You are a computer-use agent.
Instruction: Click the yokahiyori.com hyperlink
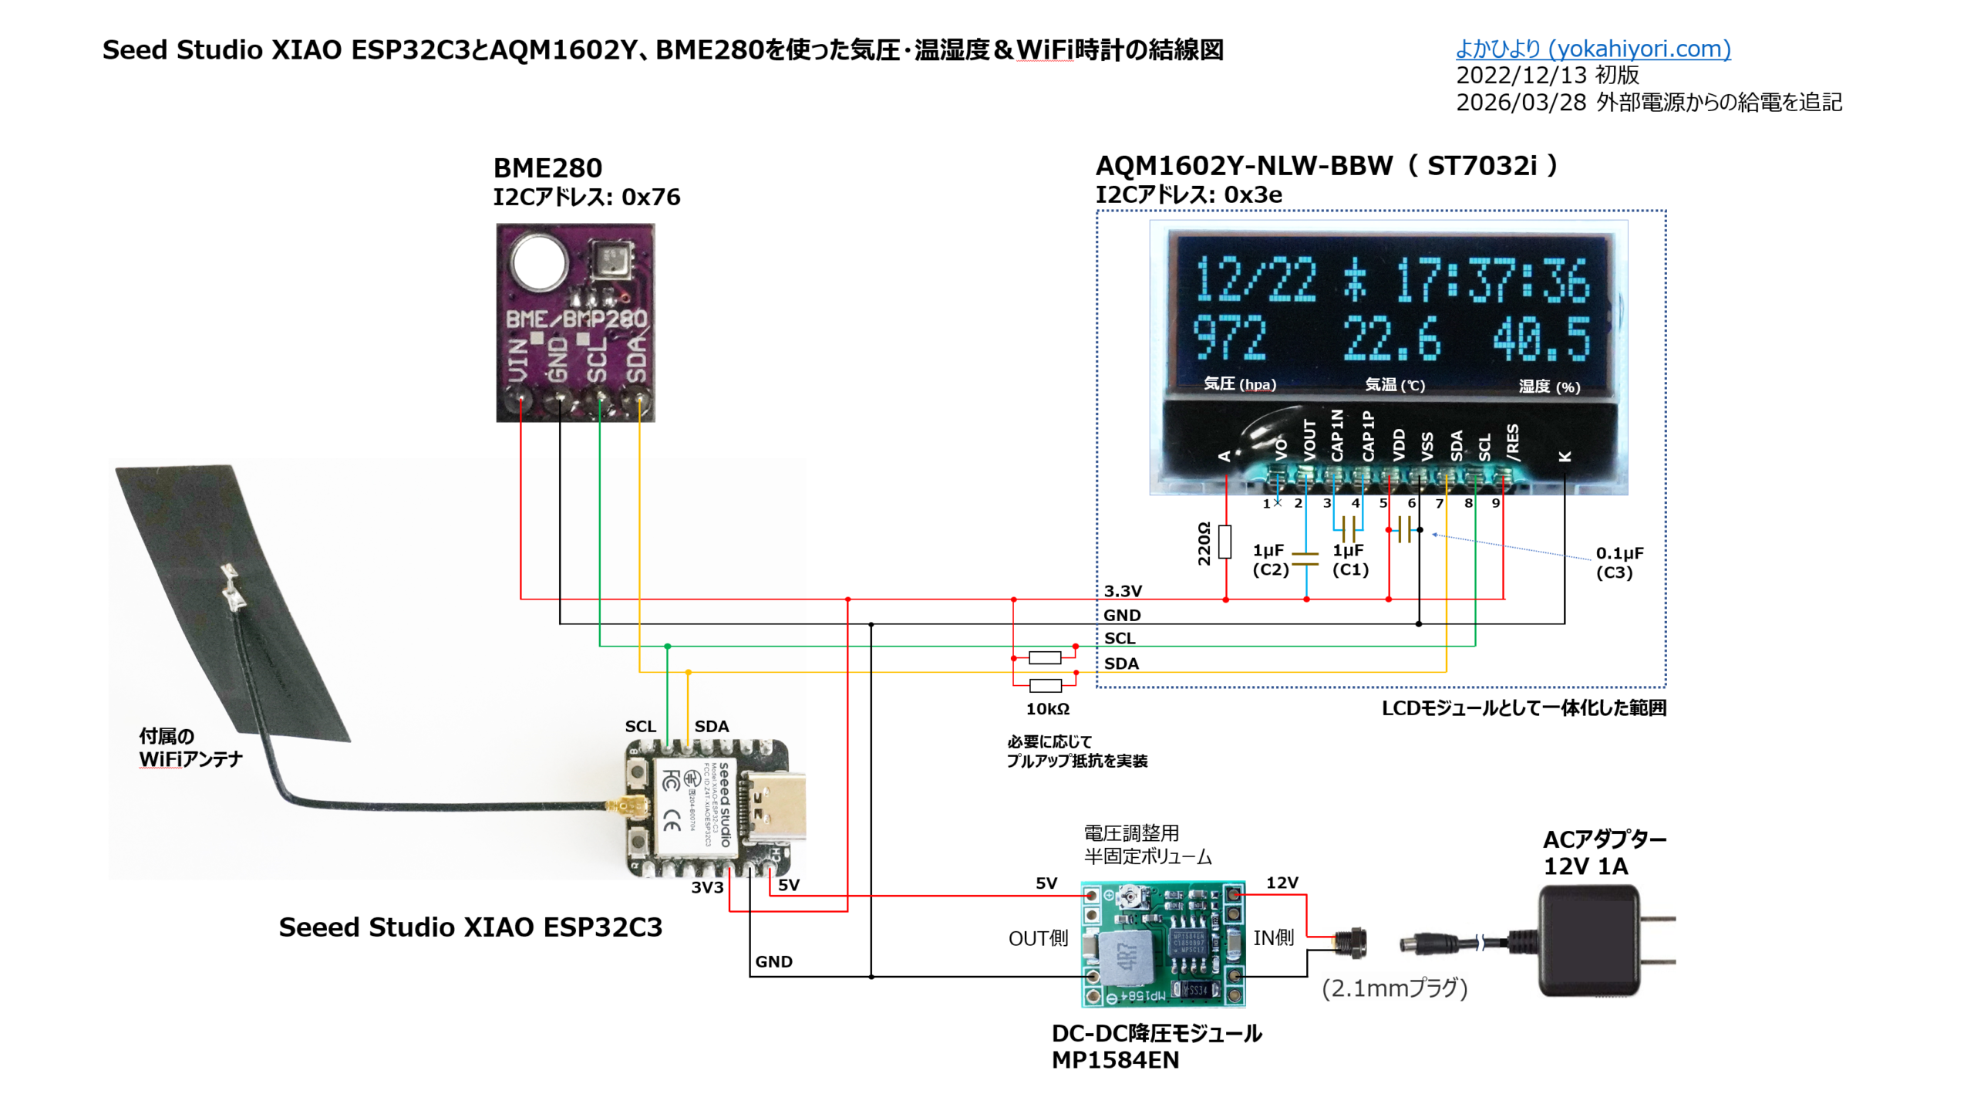[1592, 49]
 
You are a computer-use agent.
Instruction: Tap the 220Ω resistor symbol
[1224, 541]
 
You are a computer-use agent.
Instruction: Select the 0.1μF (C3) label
[1619, 562]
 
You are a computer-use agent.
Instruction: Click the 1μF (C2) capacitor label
[1269, 559]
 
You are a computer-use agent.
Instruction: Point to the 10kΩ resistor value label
[1046, 708]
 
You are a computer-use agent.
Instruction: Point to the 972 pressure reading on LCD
[1229, 338]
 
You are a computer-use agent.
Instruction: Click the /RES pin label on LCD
[1512, 443]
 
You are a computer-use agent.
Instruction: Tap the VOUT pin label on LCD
[1309, 441]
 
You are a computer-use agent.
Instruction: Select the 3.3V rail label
[1122, 591]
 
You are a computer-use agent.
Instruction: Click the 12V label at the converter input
[1282, 883]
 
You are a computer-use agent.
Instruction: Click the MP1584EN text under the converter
[1114, 1060]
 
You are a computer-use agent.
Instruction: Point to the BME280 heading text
[547, 167]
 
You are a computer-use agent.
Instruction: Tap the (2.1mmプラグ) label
[1394, 988]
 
